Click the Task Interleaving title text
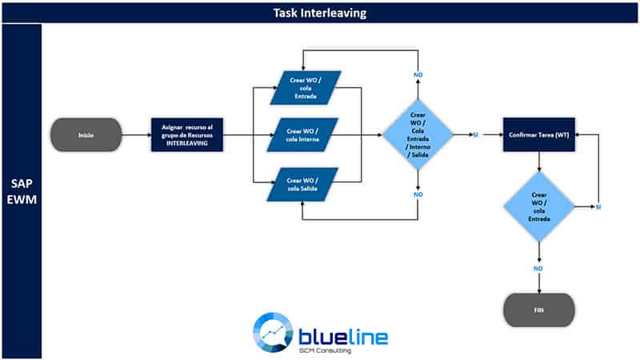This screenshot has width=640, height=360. coord(319,13)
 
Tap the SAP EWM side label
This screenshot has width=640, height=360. coord(22,191)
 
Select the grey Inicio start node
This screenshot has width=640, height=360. coord(86,134)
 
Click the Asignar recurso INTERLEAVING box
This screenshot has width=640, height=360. coord(187,134)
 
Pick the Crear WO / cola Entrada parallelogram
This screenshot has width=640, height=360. coord(306,88)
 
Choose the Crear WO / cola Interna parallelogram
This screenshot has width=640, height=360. coord(302,134)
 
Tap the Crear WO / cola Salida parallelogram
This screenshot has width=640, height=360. coord(302,185)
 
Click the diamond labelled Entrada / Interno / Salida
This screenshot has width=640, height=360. coord(418,134)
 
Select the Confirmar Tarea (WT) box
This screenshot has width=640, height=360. coord(538,134)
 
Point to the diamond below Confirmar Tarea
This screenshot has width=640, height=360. coord(538,206)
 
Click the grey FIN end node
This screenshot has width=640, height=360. coord(538,310)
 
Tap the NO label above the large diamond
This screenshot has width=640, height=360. coord(418,74)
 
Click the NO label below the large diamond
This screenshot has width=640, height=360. coord(418,194)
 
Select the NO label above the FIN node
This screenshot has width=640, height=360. coord(538,269)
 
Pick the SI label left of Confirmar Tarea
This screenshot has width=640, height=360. coord(475,134)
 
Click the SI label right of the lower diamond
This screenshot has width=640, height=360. coord(598,207)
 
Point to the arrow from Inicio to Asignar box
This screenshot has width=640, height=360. coord(136,134)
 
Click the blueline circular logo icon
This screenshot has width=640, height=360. coord(273,332)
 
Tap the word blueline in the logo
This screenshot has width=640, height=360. coord(343,337)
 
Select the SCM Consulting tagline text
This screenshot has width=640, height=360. coord(325,350)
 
